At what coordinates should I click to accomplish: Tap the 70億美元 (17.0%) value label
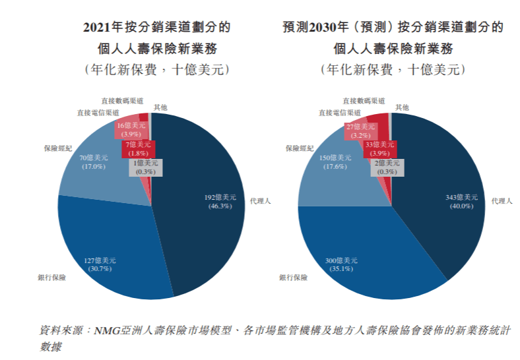pyautogui.click(x=94, y=162)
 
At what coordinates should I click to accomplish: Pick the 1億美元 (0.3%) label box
pyautogui.click(x=145, y=167)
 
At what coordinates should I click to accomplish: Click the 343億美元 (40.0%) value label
pyautogui.click(x=461, y=201)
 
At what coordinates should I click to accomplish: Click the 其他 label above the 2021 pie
pyautogui.click(x=160, y=107)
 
